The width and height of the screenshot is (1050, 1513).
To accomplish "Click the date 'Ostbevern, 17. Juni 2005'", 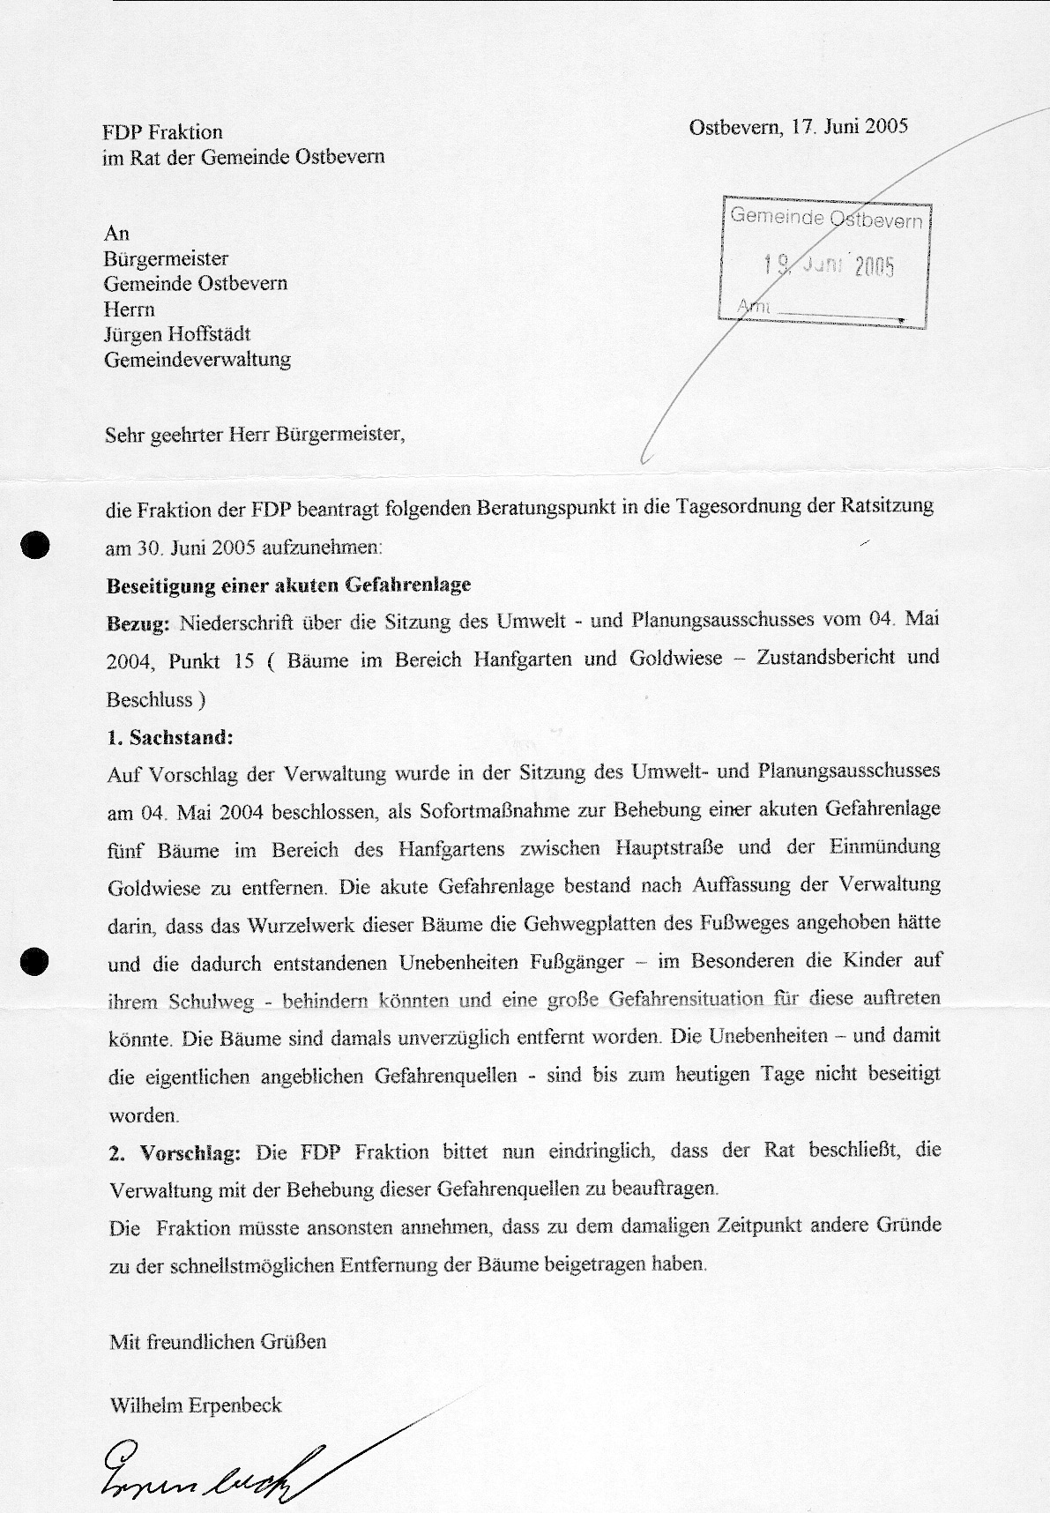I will [798, 125].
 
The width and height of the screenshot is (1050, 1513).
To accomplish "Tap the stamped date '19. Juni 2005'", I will [829, 265].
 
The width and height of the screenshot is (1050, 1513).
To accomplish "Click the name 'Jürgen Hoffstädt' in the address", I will [177, 334].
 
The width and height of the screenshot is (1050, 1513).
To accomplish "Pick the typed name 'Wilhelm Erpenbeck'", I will [195, 1405].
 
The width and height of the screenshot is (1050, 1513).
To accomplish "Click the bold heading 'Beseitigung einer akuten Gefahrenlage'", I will [288, 585].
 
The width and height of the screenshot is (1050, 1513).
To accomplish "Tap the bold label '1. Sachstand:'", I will [169, 736].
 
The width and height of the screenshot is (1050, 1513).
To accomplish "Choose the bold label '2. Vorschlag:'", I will [175, 1152].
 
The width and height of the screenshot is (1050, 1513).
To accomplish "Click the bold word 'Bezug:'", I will [138, 623].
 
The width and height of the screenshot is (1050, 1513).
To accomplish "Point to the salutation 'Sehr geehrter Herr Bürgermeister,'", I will [255, 435].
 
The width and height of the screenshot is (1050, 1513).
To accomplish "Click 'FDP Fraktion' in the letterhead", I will [162, 132].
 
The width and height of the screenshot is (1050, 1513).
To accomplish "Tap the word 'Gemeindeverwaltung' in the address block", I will [197, 360].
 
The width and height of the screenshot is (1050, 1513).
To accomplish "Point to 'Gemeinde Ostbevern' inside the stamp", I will [826, 218].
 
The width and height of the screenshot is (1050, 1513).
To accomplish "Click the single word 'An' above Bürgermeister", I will [116, 233].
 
